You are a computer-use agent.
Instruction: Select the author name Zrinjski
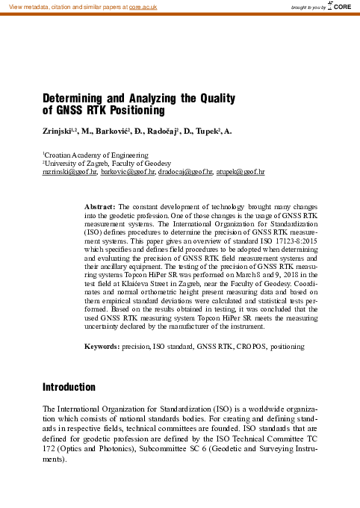tap(58, 131)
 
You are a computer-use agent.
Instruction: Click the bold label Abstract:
tap(100, 205)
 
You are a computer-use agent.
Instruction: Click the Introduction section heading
tap(69, 388)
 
